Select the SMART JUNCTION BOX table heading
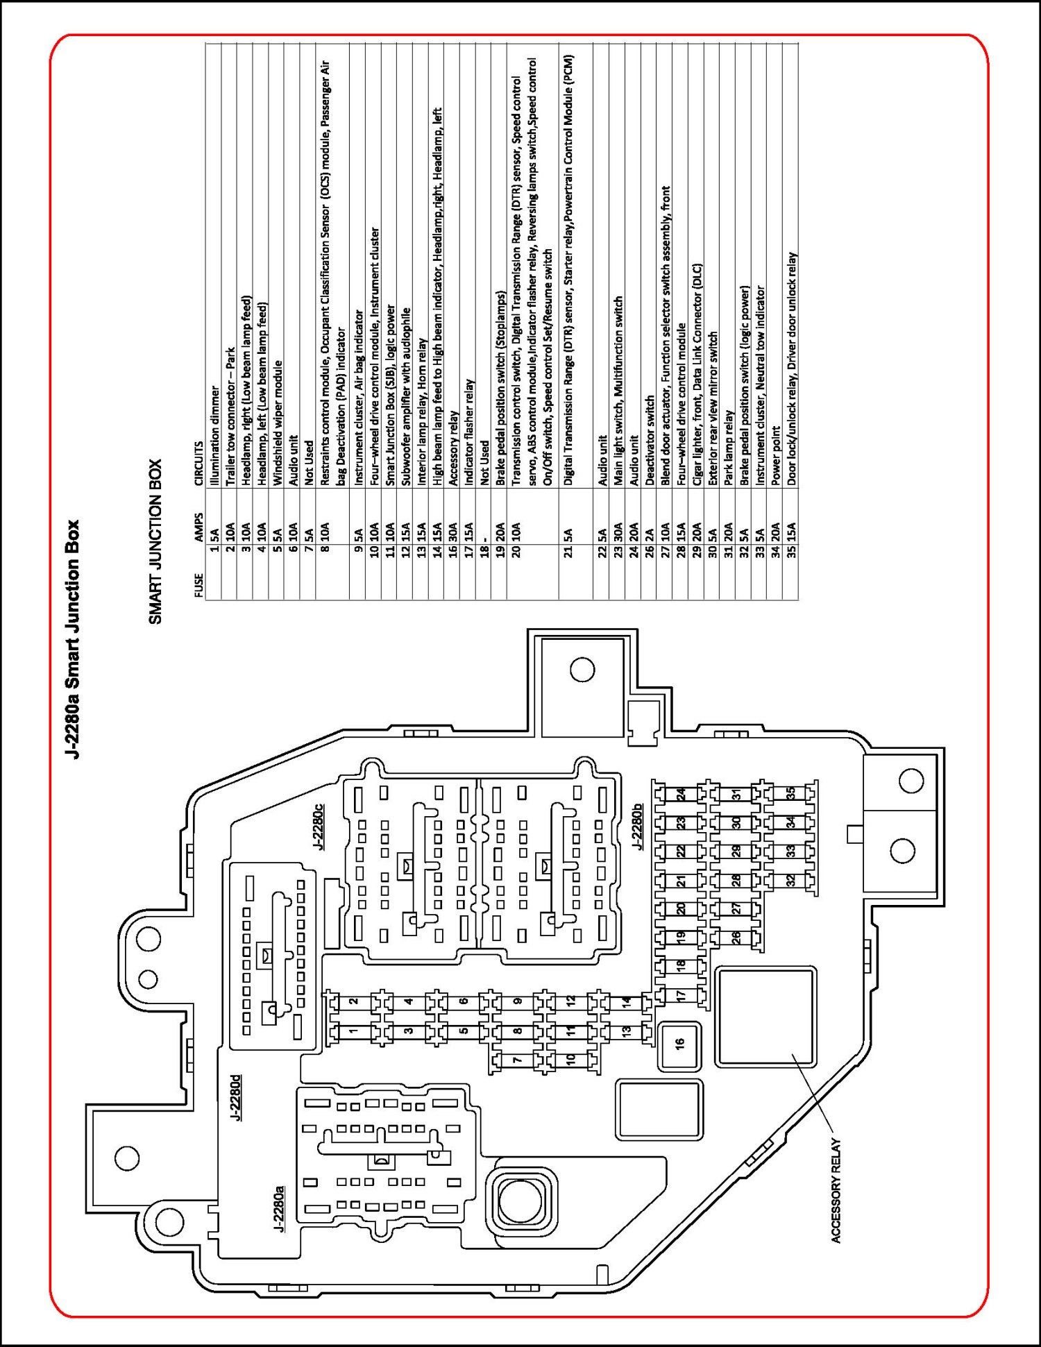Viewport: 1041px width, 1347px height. coord(155,541)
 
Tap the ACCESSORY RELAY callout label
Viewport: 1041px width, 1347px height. coord(836,1191)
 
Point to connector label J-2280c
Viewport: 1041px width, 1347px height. coord(318,827)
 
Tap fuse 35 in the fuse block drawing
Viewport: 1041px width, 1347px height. coord(790,793)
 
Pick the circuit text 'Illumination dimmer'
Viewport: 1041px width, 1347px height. coord(214,436)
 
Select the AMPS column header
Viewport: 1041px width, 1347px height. coord(199,528)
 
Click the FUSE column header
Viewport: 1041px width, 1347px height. coord(199,585)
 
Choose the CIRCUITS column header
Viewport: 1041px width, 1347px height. coord(199,464)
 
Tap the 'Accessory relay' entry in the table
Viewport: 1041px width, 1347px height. coord(453,448)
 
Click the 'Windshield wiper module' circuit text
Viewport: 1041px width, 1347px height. coord(278,423)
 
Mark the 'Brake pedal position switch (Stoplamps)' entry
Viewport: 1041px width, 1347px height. coord(500,388)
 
